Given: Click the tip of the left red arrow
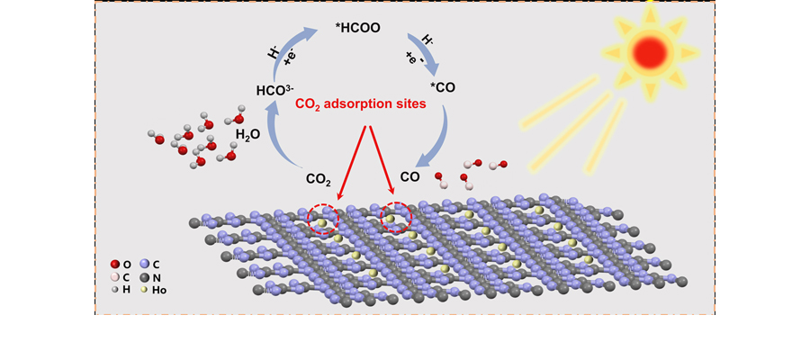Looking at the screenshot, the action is tap(337, 200).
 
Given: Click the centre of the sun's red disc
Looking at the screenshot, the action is tap(652, 50).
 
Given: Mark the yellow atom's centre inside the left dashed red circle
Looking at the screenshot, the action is tap(321, 223).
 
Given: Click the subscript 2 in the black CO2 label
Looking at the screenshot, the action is tap(328, 181).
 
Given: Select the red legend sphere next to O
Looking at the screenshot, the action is tap(115, 265).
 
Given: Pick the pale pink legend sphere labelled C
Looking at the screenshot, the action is tap(115, 277).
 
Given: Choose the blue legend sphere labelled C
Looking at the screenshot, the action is tap(144, 265).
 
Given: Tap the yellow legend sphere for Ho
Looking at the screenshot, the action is tap(144, 291).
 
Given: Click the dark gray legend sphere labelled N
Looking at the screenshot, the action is tap(144, 277).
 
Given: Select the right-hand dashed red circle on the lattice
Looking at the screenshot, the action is tap(396, 217).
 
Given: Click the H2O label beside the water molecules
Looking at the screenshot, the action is tap(247, 134).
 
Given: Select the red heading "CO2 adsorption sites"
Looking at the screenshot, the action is tap(361, 104).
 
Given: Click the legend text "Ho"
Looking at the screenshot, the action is tap(159, 291).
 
